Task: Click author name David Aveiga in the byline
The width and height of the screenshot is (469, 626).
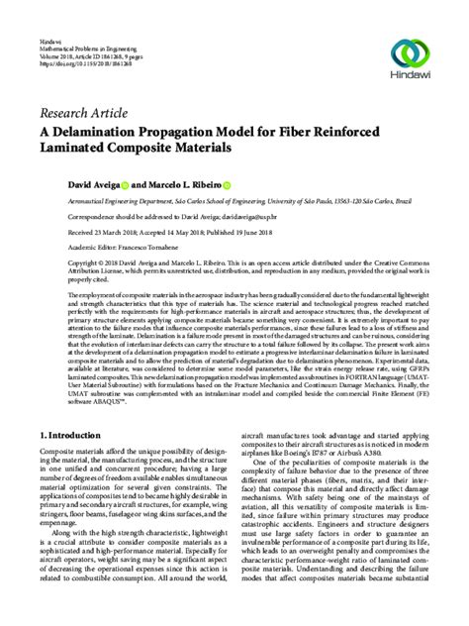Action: [64, 185]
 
